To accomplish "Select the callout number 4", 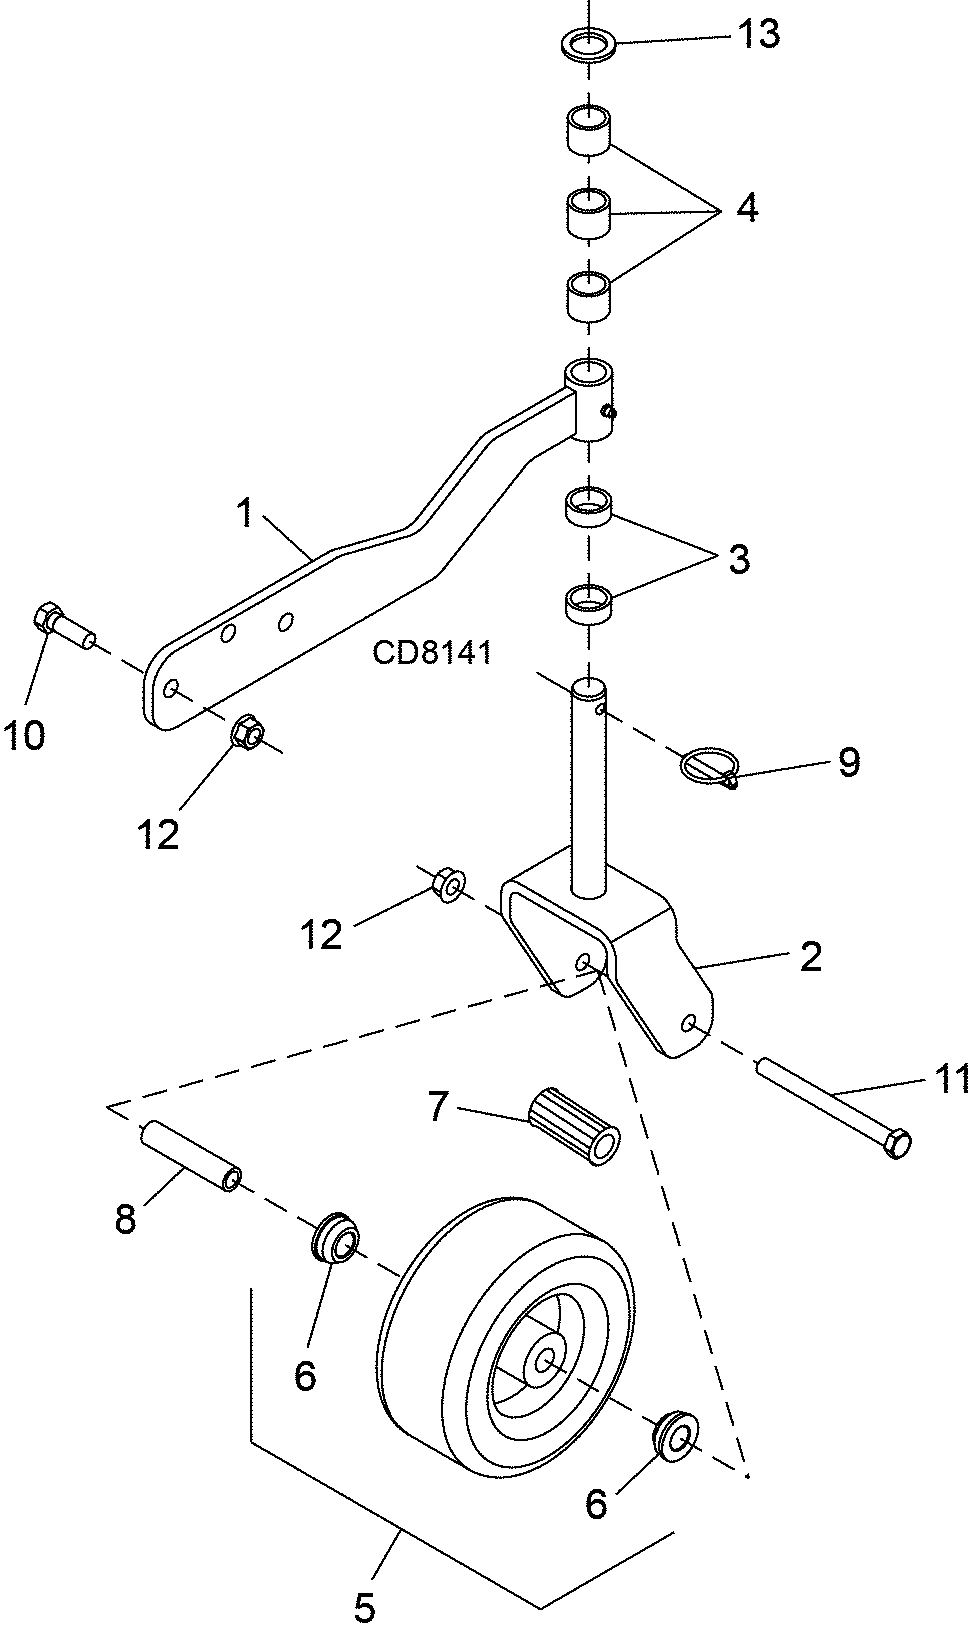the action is click(x=746, y=209).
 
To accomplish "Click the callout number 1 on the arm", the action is click(x=245, y=513).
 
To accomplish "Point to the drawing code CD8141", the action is click(x=432, y=652).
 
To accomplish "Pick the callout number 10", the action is click(x=24, y=734).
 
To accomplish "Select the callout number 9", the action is click(x=849, y=762).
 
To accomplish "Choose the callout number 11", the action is click(x=952, y=1079).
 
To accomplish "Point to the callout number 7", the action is click(x=437, y=1106).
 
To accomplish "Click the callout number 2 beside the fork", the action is click(x=810, y=956).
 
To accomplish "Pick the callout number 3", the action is click(x=739, y=559).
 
